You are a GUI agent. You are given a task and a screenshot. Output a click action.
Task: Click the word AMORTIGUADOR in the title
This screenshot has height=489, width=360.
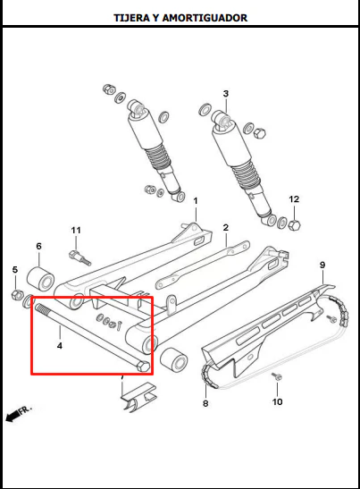(205, 18)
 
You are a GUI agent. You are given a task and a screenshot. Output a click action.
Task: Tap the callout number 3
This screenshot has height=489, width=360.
(226, 94)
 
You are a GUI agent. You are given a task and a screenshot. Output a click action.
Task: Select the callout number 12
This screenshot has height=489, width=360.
(294, 199)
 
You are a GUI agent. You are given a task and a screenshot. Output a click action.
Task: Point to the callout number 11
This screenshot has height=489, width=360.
(76, 230)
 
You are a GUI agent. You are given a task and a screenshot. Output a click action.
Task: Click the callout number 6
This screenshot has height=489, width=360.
(38, 246)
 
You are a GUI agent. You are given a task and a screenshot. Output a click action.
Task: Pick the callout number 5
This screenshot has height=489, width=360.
(15, 269)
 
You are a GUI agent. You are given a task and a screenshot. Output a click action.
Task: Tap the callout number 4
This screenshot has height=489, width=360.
(60, 346)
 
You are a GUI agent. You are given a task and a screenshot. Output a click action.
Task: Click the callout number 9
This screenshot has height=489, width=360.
(322, 266)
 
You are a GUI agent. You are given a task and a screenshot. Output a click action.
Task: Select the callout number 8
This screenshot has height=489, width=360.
(205, 403)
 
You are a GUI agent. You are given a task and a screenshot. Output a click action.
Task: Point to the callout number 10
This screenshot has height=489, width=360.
(277, 401)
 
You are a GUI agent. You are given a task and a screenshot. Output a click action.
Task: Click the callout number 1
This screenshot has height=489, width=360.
(196, 201)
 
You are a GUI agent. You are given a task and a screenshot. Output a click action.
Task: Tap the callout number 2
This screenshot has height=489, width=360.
(226, 228)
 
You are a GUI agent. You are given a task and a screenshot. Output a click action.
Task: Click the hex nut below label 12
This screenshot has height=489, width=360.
(294, 224)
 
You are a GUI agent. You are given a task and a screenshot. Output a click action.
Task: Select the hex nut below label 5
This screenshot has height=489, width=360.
(17, 294)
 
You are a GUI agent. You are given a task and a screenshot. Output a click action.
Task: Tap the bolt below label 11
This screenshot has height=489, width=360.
(80, 257)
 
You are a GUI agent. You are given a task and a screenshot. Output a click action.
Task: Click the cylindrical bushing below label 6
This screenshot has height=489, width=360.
(40, 279)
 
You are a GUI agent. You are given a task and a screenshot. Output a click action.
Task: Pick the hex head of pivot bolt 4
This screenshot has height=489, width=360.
(142, 367)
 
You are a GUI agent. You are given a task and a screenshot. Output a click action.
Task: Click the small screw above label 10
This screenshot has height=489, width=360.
(276, 376)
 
